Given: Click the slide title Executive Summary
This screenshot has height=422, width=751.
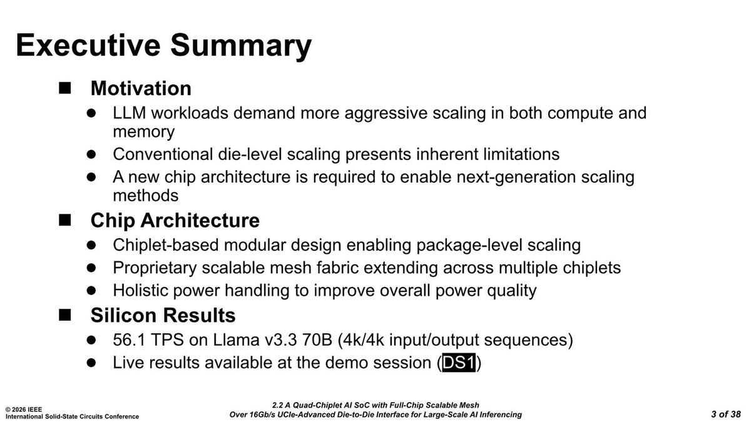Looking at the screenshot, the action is (x=163, y=46).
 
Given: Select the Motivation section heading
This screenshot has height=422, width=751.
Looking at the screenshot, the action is (x=141, y=88).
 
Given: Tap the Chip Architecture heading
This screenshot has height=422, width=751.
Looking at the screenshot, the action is (x=175, y=220).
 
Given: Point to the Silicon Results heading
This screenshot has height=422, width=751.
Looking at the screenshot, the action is (x=163, y=315).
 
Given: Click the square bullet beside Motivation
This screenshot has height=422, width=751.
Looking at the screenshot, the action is (x=64, y=88).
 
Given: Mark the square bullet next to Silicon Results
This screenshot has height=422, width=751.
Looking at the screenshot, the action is (x=64, y=315).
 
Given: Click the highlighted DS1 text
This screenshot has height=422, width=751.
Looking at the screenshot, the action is (x=459, y=363).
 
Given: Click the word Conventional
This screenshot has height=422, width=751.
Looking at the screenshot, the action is (x=163, y=154).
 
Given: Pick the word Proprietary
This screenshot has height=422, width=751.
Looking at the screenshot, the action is (x=155, y=268).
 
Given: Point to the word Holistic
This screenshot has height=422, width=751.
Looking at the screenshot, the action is (x=140, y=290).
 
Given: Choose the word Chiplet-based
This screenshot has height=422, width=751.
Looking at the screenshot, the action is (x=166, y=245).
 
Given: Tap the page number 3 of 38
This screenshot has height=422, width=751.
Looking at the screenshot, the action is (x=726, y=414).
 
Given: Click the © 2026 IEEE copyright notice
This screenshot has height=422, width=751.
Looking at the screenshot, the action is (x=24, y=409).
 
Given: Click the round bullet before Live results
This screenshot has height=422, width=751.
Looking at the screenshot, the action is (x=91, y=363).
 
